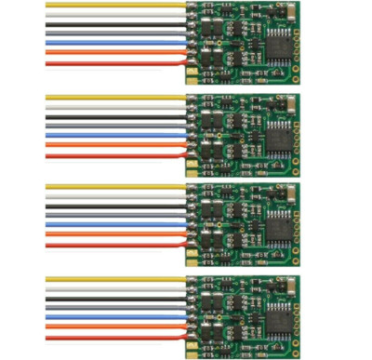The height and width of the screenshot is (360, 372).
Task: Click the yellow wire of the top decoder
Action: click(112, 6)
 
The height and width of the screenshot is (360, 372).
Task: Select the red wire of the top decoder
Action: click(112, 65)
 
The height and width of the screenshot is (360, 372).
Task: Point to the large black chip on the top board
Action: click(278, 43)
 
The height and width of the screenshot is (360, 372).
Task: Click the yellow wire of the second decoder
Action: click(112, 96)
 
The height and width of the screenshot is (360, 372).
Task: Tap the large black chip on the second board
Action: click(278, 133)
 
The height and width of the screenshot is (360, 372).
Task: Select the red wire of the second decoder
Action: click(112, 156)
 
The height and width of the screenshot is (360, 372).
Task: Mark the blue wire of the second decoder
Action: click(112, 136)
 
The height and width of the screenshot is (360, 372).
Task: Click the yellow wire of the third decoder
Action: click(112, 186)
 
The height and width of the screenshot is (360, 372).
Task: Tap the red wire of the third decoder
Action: click(112, 246)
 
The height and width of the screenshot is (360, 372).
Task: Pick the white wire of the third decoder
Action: click(112, 198)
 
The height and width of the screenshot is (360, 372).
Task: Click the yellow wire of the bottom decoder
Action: click(112, 277)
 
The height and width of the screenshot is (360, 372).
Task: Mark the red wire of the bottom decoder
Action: click(112, 336)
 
